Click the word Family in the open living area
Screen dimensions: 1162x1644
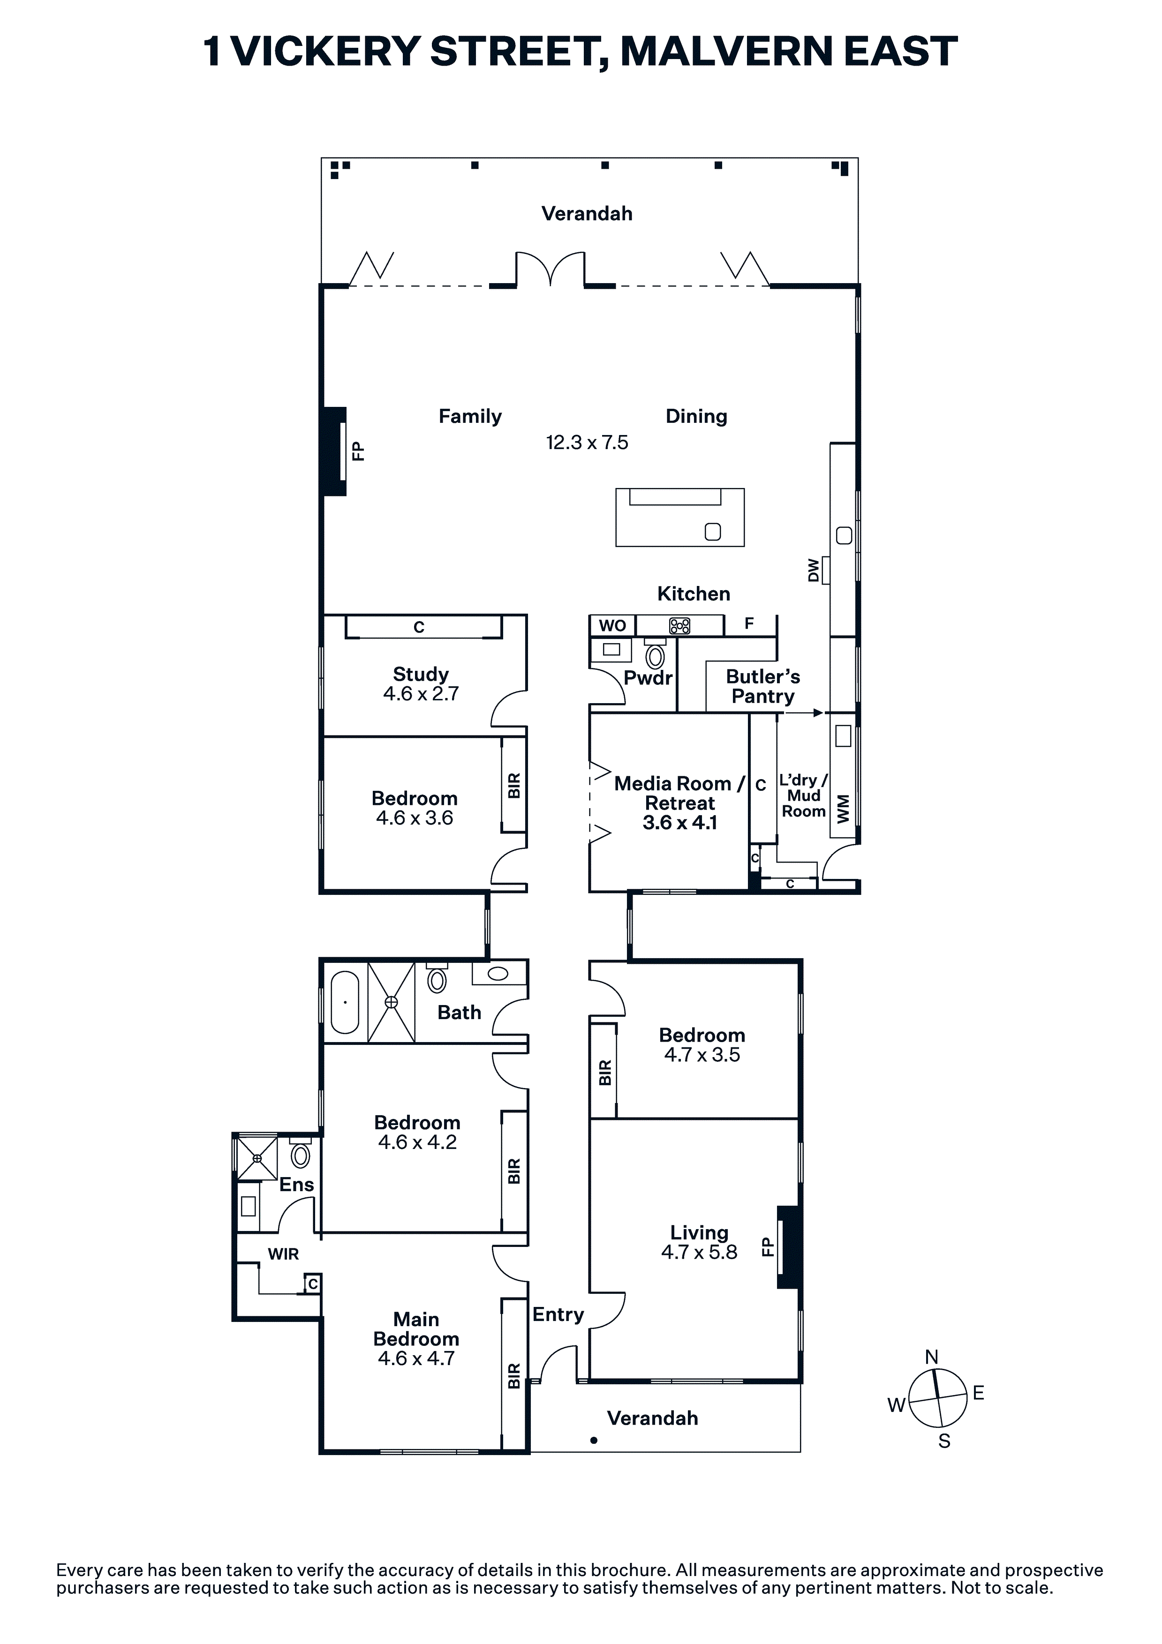click(x=470, y=416)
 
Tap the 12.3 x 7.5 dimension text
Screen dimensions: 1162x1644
click(x=587, y=443)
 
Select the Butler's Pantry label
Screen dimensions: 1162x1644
click(x=763, y=686)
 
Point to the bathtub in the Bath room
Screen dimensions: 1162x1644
click(x=345, y=1002)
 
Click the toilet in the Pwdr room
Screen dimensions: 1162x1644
click(x=655, y=655)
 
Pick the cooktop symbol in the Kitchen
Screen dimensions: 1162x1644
click(x=679, y=626)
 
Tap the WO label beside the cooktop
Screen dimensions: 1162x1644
click(x=612, y=626)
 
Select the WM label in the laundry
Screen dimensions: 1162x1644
click(x=843, y=808)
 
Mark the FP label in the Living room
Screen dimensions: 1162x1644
click(x=767, y=1246)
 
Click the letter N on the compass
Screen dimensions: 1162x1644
click(x=931, y=1357)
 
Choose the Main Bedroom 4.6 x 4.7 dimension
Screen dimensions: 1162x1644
click(x=416, y=1359)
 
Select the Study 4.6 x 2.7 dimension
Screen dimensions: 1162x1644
click(x=421, y=693)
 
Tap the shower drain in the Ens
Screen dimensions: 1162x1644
click(x=257, y=1158)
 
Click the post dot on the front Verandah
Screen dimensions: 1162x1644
click(x=594, y=1440)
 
